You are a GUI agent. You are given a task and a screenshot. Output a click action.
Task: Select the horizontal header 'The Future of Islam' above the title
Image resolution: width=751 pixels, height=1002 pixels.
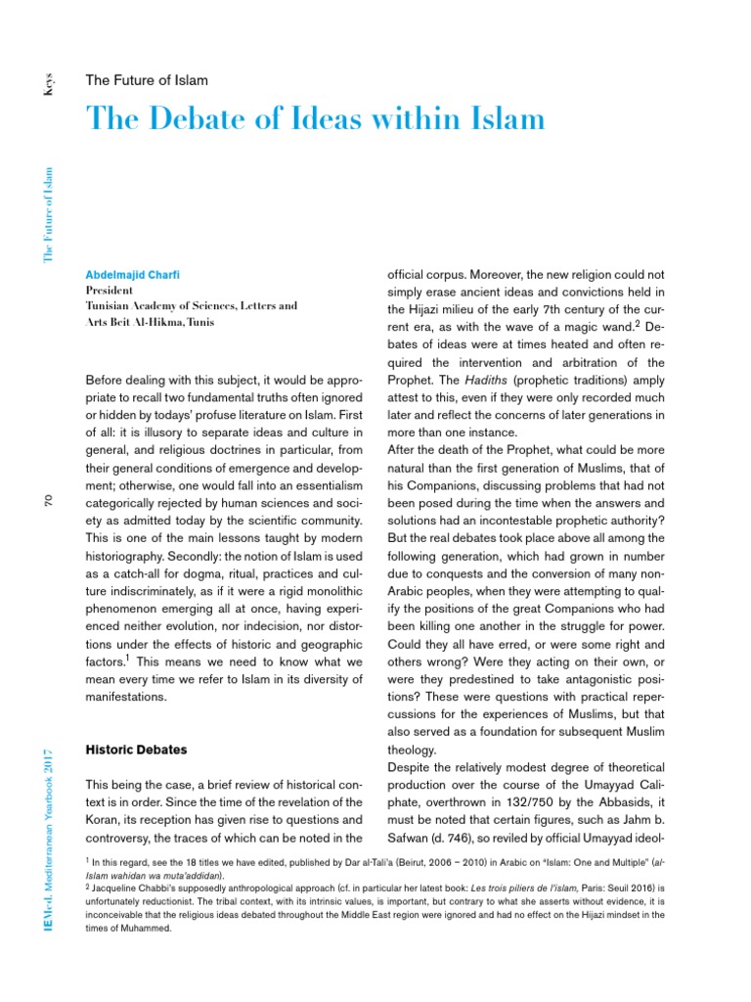tap(147, 79)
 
